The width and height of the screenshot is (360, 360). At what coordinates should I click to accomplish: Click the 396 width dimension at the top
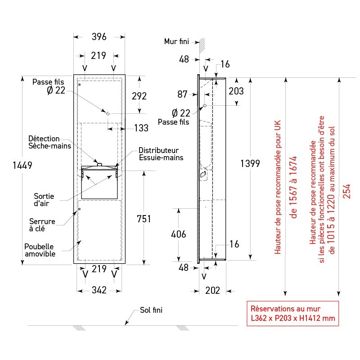99,36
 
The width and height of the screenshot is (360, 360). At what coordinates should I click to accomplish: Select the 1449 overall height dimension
22,166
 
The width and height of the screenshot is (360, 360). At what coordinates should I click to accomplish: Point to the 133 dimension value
141,128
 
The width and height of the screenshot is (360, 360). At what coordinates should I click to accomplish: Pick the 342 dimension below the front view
99,290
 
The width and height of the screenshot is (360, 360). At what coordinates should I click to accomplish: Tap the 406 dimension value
179,234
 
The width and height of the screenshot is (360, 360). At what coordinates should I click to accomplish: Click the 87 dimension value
182,94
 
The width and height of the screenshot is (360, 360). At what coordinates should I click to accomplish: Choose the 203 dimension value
235,91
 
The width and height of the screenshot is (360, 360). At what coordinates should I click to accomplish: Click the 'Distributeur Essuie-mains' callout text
159,154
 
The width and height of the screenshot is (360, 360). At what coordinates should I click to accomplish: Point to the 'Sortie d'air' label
44,200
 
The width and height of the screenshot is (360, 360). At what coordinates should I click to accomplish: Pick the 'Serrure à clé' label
42,225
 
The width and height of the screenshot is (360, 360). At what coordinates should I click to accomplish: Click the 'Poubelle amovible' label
40,250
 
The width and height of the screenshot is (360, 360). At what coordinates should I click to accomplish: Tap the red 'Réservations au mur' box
292,314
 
